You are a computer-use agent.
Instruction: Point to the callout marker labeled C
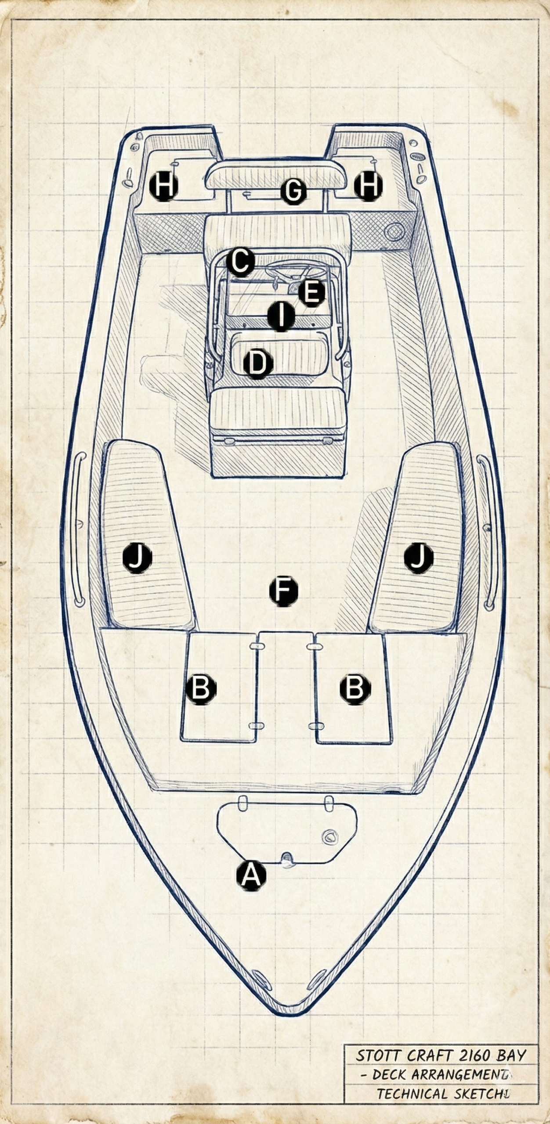tap(240, 262)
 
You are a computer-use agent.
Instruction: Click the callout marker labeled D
tap(258, 364)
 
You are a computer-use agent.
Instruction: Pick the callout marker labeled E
tap(311, 293)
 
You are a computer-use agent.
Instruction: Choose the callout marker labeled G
tap(293, 191)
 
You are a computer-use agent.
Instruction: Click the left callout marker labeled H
tap(163, 186)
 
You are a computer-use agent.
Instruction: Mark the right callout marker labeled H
tap(368, 186)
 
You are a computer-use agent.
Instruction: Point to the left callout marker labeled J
tap(137, 558)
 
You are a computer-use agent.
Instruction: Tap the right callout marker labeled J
tap(419, 558)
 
